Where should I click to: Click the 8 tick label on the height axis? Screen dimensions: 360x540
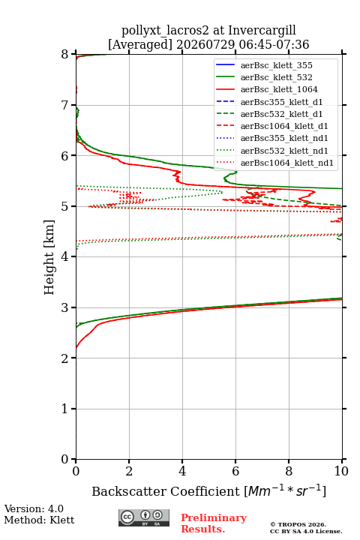[64, 54]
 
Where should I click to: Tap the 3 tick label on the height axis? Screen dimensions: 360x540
[64, 307]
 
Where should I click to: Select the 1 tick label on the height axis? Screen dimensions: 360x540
[64, 409]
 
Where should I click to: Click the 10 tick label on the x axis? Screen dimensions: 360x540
[341, 471]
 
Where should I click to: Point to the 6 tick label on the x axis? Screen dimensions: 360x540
[235, 471]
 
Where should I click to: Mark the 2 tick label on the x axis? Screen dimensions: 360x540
[129, 471]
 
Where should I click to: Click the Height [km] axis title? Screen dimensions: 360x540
[49, 257]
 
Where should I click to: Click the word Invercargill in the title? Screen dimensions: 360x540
[262, 31]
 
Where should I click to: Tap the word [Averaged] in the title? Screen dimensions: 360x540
[140, 45]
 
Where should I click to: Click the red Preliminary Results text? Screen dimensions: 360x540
[214, 523]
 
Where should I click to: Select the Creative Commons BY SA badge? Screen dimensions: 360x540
[144, 518]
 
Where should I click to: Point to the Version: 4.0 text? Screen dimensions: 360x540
[34, 508]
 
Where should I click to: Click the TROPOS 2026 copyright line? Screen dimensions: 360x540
[298, 524]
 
